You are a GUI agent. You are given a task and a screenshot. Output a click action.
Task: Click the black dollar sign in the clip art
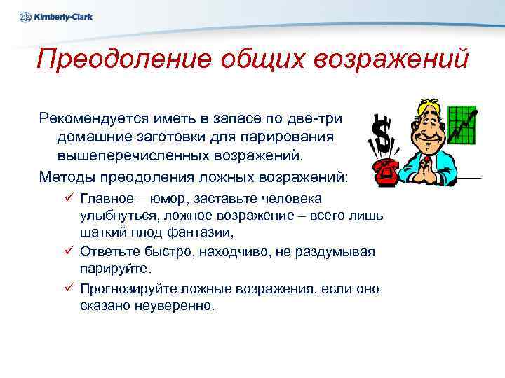(x=382, y=135)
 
